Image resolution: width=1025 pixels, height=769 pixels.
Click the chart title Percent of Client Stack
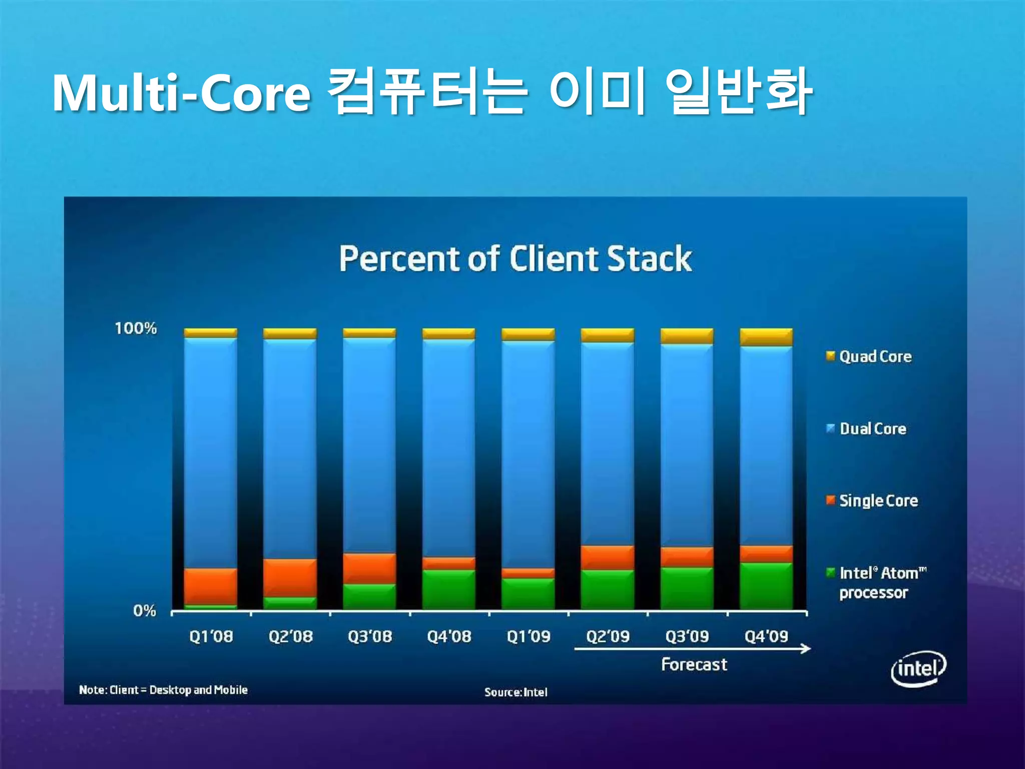pos(516,259)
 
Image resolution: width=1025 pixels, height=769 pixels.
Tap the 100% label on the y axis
pos(136,328)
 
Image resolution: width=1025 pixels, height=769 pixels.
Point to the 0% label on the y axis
pos(145,611)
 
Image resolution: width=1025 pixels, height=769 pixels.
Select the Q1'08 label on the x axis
pos(211,636)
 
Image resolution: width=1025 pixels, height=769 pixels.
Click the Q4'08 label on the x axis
pos(449,636)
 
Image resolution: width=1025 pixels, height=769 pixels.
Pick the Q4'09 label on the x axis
pos(766,636)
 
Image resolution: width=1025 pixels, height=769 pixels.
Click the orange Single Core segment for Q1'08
pos(211,586)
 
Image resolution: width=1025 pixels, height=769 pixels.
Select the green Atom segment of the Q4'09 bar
pos(766,586)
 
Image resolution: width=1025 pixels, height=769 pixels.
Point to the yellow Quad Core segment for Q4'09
pos(766,337)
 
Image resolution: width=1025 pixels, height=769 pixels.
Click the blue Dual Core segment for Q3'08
pos(369,446)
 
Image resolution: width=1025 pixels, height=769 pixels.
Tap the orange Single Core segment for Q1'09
pos(528,573)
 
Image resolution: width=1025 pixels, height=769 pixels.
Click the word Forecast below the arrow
pos(694,664)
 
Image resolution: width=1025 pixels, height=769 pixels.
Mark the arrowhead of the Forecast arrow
pos(806,649)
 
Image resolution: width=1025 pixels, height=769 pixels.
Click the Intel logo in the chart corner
pos(918,668)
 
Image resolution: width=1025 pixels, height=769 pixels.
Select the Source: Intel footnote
pos(516,692)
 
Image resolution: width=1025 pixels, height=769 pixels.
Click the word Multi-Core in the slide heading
pos(181,93)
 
